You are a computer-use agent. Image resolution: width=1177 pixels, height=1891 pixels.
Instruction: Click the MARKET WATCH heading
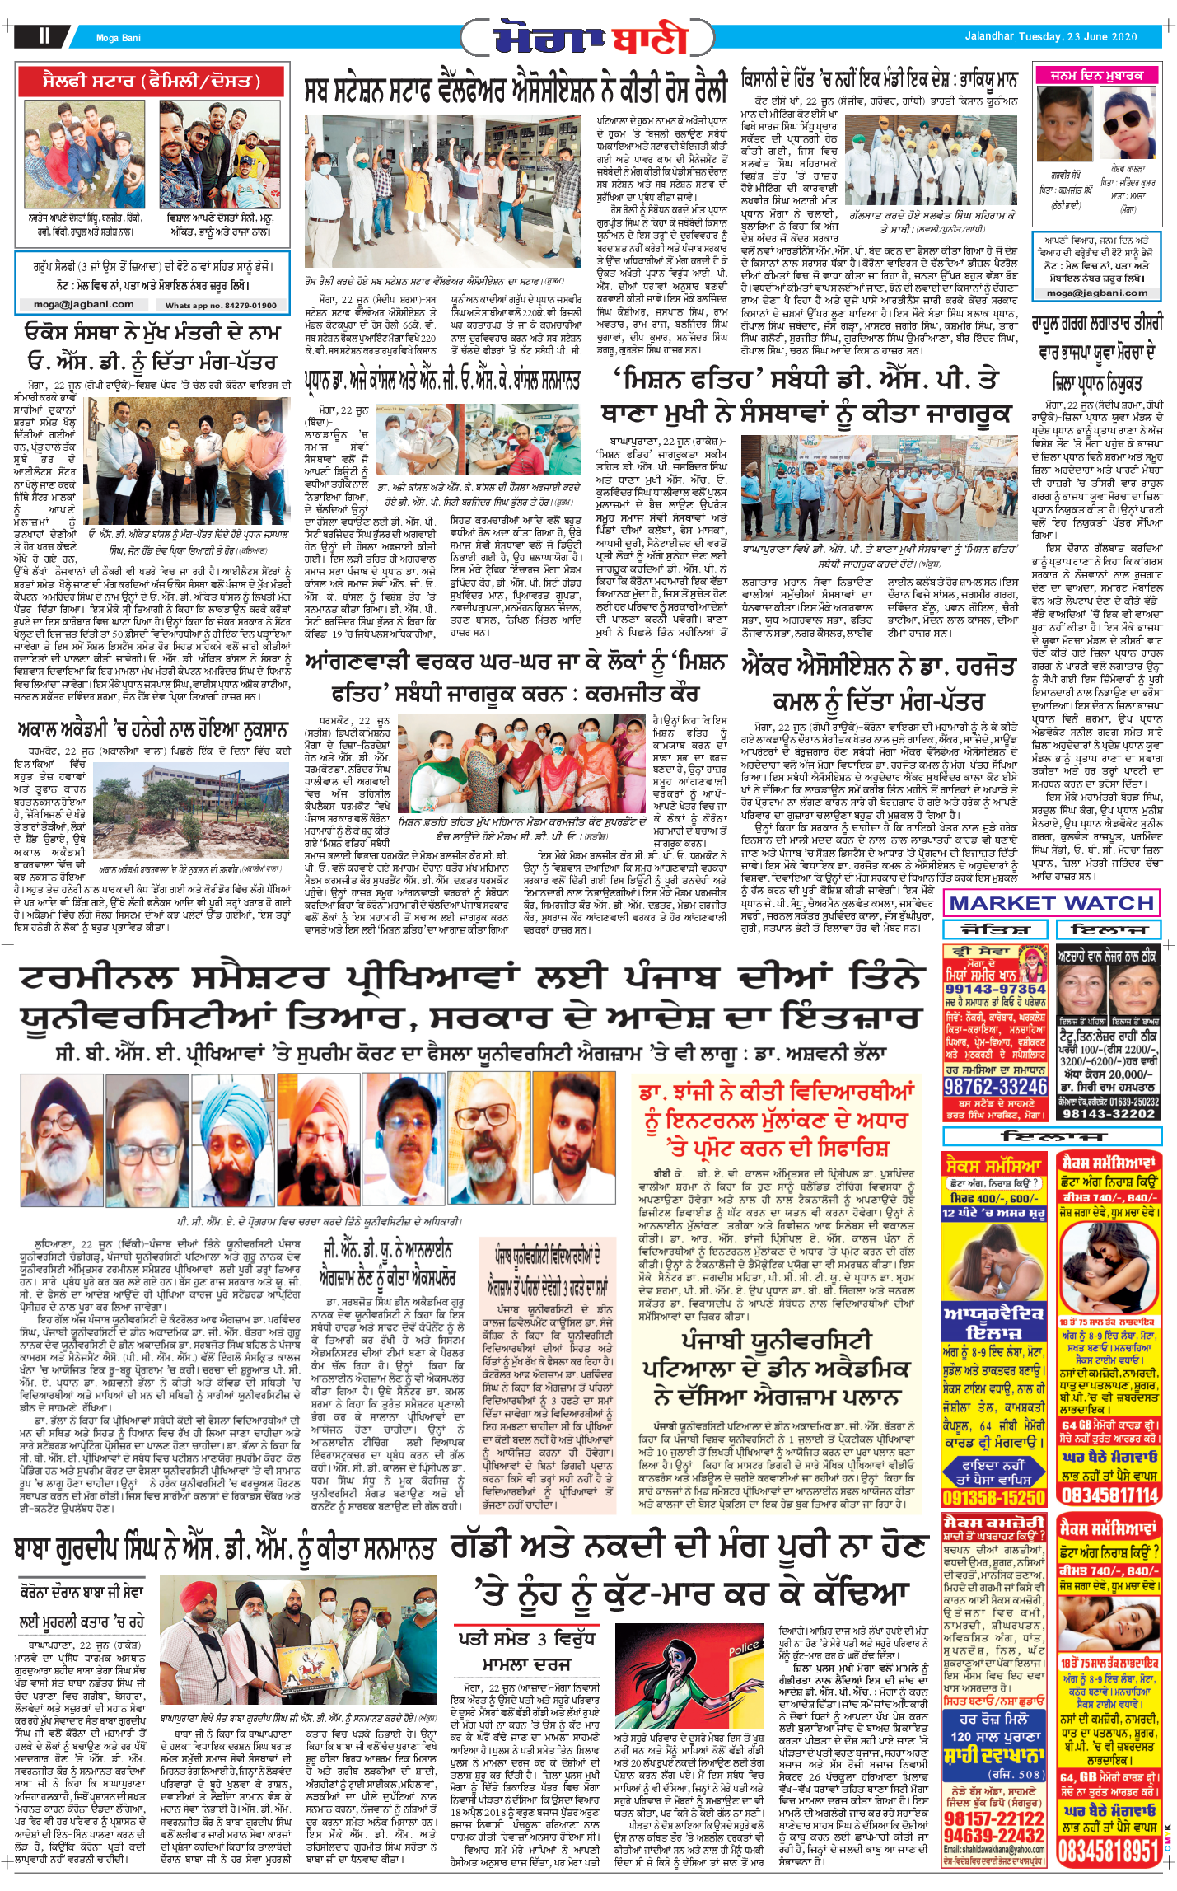point(1051,903)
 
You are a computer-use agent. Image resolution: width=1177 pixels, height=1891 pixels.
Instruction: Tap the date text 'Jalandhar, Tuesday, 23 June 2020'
point(1051,36)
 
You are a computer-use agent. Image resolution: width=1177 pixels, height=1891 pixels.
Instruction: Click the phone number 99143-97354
point(995,989)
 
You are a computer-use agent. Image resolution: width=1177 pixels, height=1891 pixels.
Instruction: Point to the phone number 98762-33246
point(995,1086)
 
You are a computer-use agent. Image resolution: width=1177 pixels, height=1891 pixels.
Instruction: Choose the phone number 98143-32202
point(1108,1113)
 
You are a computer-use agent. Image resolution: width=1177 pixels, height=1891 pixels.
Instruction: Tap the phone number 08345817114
point(1109,1495)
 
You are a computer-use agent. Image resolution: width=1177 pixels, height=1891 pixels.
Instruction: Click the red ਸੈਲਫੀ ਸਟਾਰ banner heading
point(152,82)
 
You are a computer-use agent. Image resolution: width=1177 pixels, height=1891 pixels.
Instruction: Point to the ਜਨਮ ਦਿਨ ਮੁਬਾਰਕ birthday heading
point(1096,75)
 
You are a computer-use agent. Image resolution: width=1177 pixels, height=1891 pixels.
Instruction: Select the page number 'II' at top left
point(44,35)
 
